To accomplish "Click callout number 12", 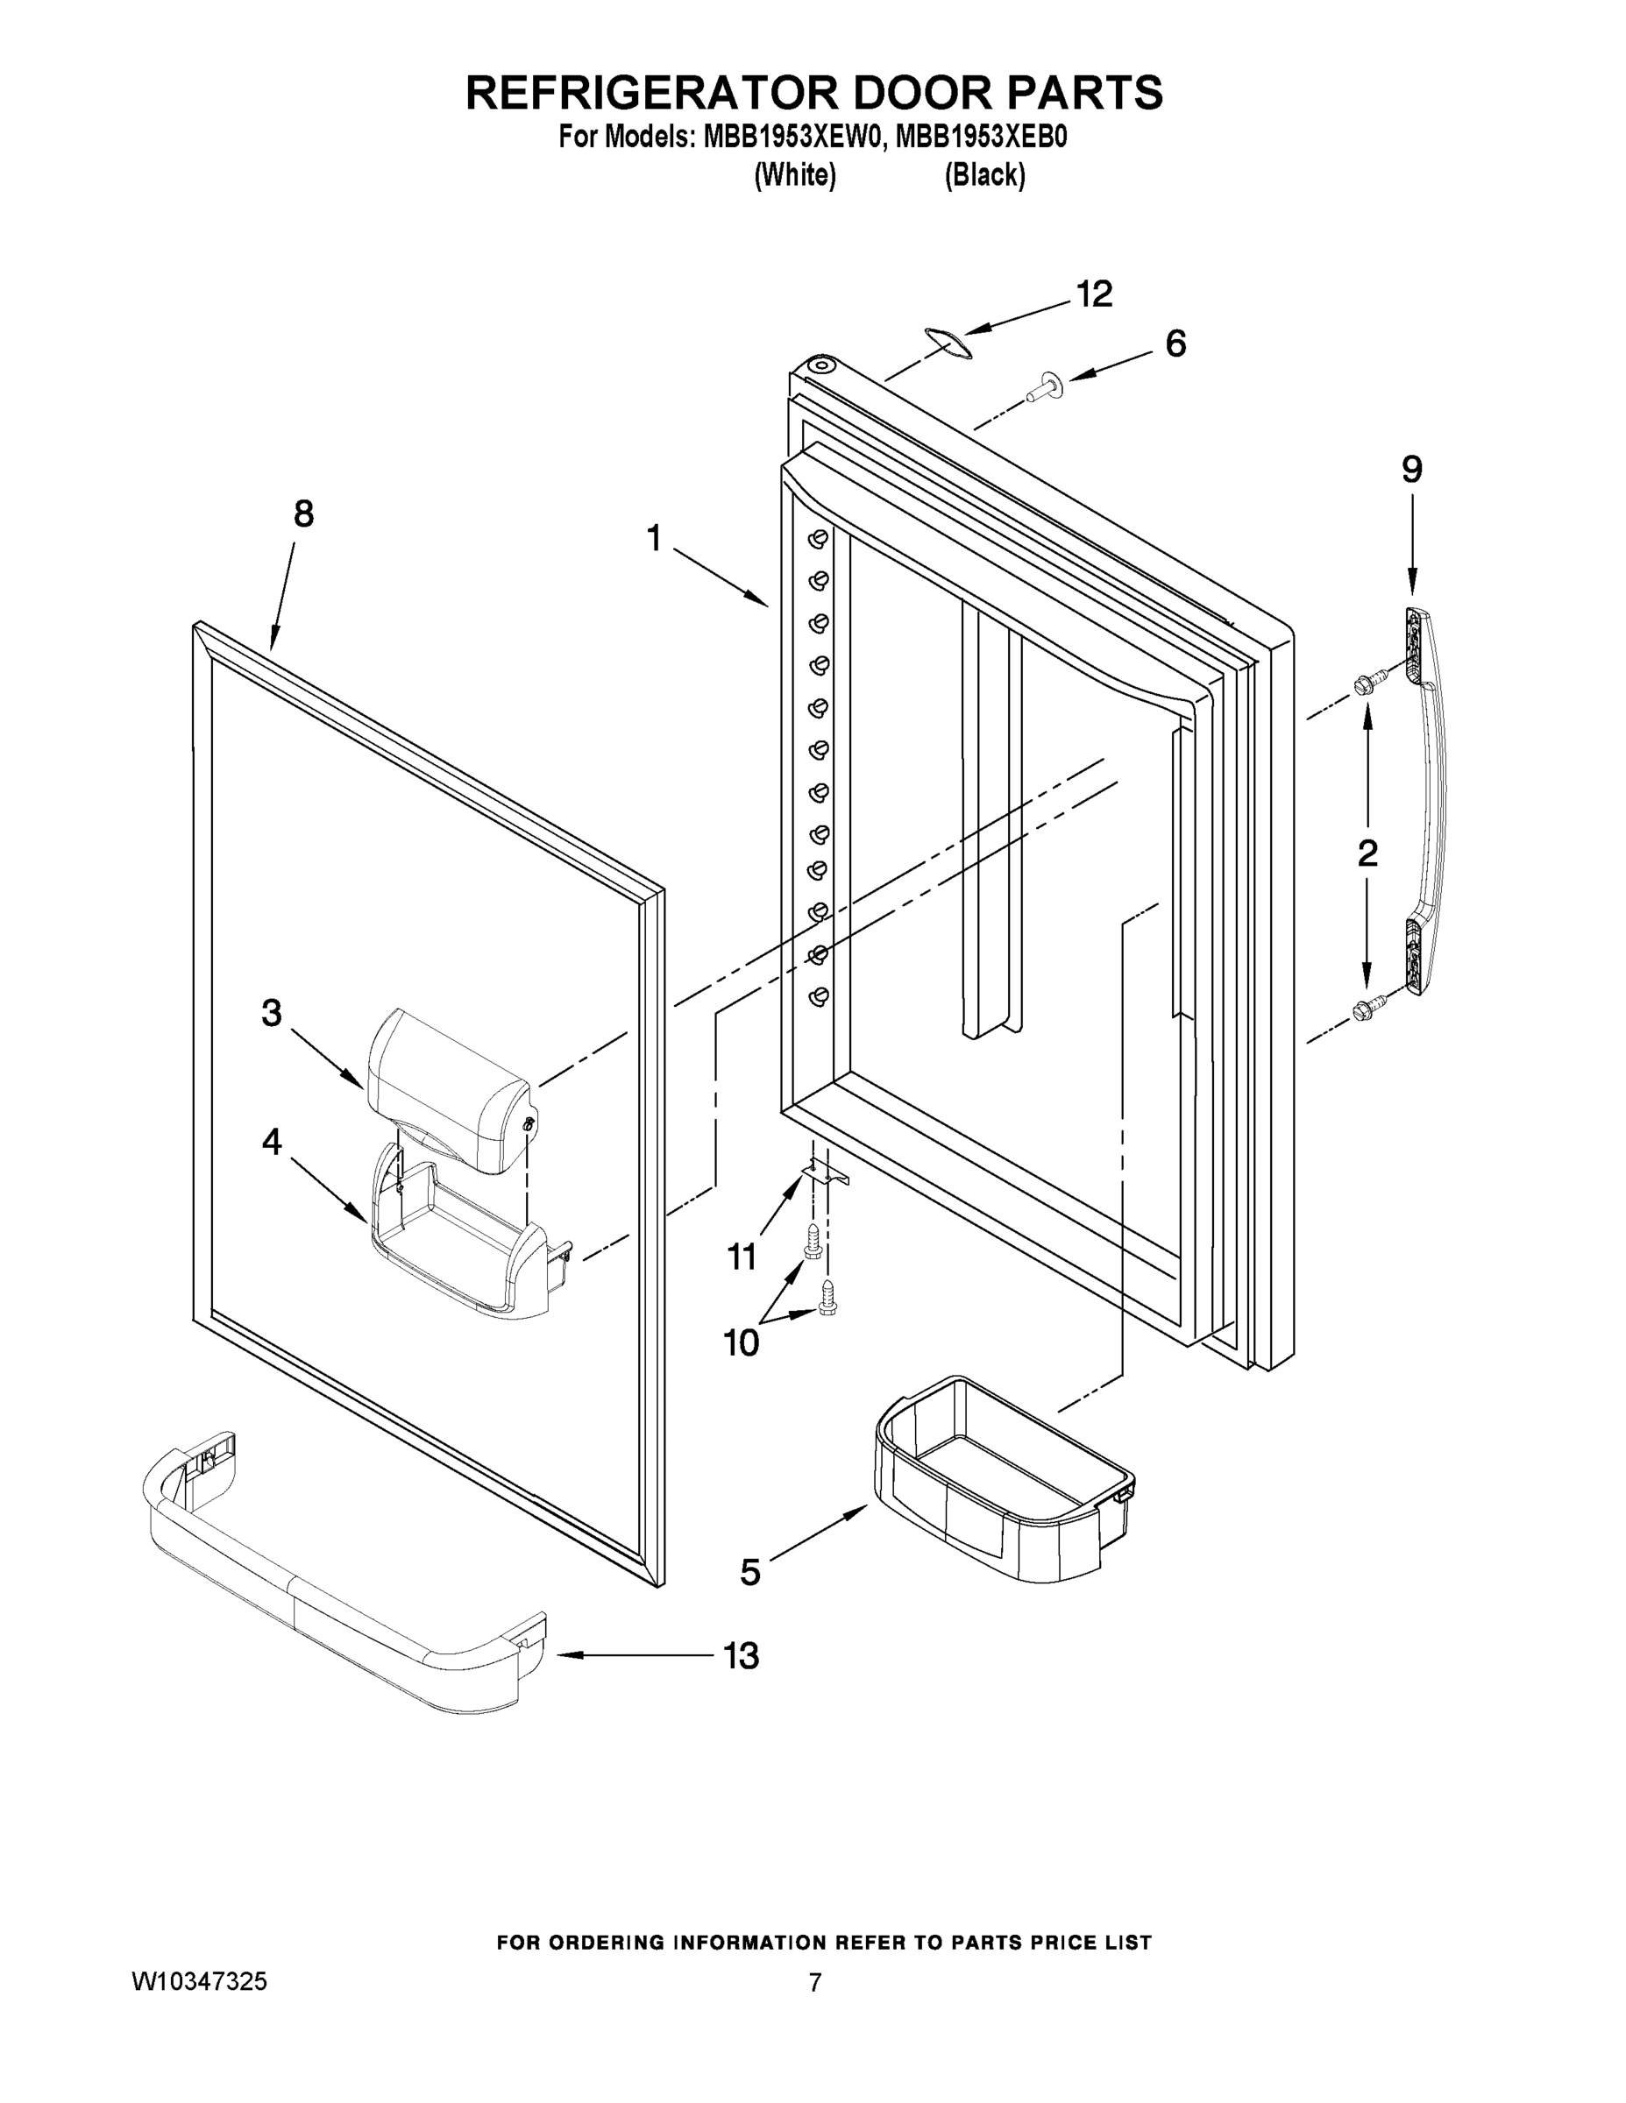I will (1094, 294).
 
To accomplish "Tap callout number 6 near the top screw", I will (1176, 344).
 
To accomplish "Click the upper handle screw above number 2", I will (1367, 683).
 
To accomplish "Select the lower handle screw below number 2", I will (1367, 1009).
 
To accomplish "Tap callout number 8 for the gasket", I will (303, 514).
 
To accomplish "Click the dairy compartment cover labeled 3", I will (448, 1088).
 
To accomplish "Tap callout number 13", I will (742, 1656).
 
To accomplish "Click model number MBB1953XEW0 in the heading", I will (792, 137).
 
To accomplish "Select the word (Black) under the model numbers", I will (984, 174).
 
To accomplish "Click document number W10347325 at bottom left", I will (199, 1980).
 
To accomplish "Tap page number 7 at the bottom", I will (815, 1982).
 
